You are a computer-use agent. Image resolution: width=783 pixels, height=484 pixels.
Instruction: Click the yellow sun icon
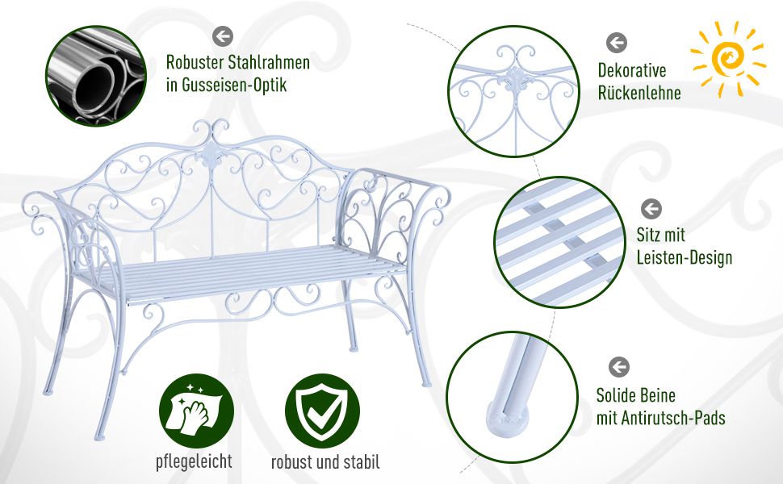(x=727, y=59)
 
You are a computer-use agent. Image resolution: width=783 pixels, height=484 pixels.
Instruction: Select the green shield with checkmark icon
(x=322, y=411)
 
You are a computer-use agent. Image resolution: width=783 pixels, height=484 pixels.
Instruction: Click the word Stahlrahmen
(x=269, y=63)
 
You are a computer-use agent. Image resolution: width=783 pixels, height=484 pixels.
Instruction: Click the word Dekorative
(x=632, y=70)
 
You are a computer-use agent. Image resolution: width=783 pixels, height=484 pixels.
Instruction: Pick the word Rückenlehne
(x=639, y=93)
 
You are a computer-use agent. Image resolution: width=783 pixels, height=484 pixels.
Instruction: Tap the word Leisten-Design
(x=685, y=258)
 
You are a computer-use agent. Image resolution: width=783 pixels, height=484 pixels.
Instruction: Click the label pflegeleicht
(x=194, y=461)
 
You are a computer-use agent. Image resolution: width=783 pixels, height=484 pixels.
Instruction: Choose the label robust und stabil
(x=325, y=462)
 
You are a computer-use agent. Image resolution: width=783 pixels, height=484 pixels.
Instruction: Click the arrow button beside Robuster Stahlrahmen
(x=223, y=36)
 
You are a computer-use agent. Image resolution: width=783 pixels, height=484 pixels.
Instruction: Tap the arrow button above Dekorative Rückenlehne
(x=617, y=43)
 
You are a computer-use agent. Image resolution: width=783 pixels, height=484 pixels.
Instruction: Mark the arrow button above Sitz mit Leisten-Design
(x=651, y=209)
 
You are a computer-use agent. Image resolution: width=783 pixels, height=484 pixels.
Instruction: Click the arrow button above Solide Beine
(x=619, y=367)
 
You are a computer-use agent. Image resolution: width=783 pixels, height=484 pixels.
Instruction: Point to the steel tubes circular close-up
(x=96, y=76)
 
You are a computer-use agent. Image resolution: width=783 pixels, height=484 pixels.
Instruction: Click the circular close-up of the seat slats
(x=559, y=242)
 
